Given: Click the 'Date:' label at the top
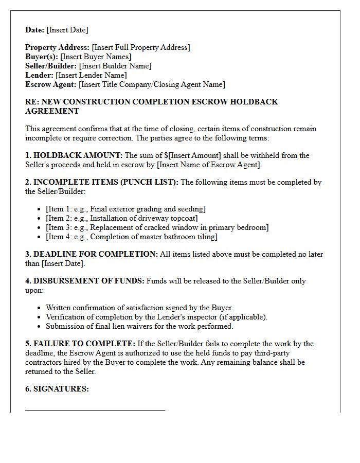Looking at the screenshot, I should [35, 30].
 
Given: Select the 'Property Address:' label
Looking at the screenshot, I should [57, 47].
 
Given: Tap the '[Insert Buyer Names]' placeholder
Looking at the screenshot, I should [96, 57].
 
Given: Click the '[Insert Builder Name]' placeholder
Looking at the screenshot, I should [115, 66].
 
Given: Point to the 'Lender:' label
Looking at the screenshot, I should [40, 75].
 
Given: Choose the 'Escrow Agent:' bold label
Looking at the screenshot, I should [50, 84].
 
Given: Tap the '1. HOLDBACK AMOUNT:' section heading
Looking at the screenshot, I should [74, 155].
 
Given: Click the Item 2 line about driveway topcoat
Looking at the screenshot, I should [121, 218].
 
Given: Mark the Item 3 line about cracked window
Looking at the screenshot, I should [157, 227].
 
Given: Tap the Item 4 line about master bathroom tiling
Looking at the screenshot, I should [131, 237].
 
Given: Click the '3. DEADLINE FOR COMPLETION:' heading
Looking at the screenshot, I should [92, 254].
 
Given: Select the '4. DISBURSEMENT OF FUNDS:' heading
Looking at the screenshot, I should [85, 281].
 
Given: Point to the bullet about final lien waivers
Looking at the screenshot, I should [139, 326].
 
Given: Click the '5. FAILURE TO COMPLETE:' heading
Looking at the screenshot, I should [80, 344].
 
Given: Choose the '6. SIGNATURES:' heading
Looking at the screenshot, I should [57, 389].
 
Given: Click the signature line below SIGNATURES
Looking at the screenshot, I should [95, 410].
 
